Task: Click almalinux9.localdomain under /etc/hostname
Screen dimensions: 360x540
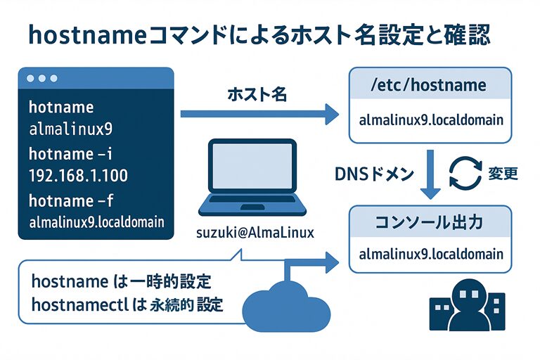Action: [x=431, y=119]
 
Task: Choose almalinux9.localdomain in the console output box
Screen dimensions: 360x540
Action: [x=431, y=253]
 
